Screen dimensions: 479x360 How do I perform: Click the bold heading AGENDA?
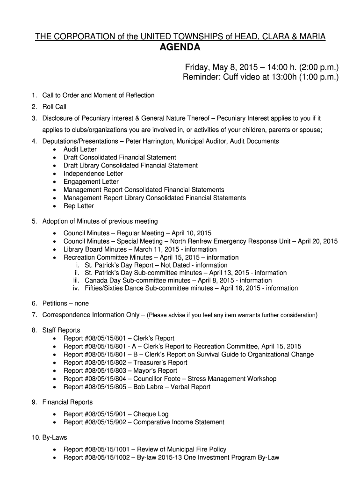[180, 48]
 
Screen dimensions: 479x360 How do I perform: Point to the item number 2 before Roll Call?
[34, 107]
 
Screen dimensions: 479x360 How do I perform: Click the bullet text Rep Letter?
[79, 206]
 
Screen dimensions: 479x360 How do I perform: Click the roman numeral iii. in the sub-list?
[78, 280]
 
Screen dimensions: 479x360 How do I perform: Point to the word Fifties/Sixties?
[108, 288]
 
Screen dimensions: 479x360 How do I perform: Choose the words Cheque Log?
[151, 414]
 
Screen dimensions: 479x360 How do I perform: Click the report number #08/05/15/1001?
[110, 450]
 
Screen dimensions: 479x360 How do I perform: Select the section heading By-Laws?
[55, 437]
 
